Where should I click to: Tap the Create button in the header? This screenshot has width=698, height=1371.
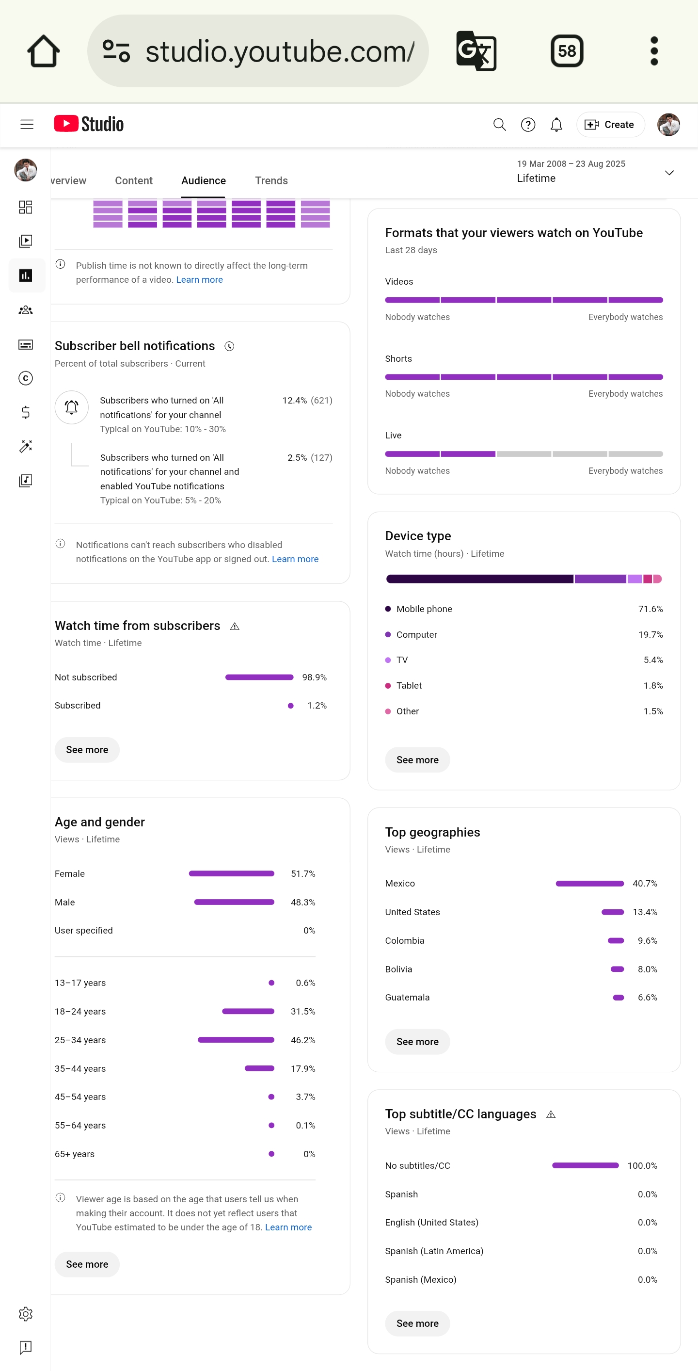coord(610,125)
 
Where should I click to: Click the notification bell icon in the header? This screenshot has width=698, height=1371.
coord(556,125)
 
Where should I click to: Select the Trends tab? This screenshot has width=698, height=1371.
coord(271,180)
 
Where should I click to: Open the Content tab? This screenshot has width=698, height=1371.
coord(133,180)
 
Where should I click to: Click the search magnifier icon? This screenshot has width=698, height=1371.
coord(499,125)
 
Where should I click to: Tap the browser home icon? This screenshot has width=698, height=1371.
coord(44,51)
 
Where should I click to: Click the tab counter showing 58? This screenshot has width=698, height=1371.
coord(567,51)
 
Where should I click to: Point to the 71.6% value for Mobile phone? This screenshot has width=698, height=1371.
coord(650,609)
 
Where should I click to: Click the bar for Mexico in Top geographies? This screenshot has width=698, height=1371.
coord(589,884)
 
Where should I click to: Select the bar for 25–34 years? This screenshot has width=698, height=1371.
coord(236,1040)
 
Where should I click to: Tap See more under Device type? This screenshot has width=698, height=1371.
coord(417,760)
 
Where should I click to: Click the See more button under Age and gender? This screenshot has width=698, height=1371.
coord(87,1264)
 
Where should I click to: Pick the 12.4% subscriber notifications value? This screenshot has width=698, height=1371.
coord(294,400)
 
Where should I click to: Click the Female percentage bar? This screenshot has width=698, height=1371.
coord(231,873)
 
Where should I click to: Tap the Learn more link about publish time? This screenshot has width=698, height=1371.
coord(200,279)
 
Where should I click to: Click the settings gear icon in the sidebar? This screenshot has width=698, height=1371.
coord(26,1313)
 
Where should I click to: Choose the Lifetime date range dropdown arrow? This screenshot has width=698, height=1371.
coord(669,173)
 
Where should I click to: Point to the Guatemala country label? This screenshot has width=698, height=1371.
coord(407,998)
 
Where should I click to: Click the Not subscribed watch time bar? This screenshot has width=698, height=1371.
coord(259,677)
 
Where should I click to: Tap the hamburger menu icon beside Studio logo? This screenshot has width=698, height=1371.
coord(27,125)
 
